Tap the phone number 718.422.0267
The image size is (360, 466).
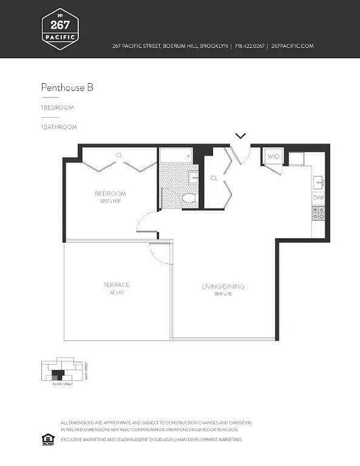(249, 46)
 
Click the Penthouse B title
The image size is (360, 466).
(67, 87)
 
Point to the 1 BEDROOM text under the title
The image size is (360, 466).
(57, 108)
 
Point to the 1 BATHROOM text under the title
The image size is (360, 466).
(59, 126)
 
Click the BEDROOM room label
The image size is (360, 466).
(111, 193)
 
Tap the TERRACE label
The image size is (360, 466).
(117, 285)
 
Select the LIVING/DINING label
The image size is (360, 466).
(223, 287)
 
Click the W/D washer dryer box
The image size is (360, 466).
(273, 157)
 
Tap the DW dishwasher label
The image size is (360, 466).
(318, 198)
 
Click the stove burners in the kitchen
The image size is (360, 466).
(318, 214)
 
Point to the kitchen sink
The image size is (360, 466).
(318, 182)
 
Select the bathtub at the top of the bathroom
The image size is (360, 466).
(175, 156)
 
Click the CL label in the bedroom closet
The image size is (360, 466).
(119, 156)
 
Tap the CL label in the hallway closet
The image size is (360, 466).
(214, 178)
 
